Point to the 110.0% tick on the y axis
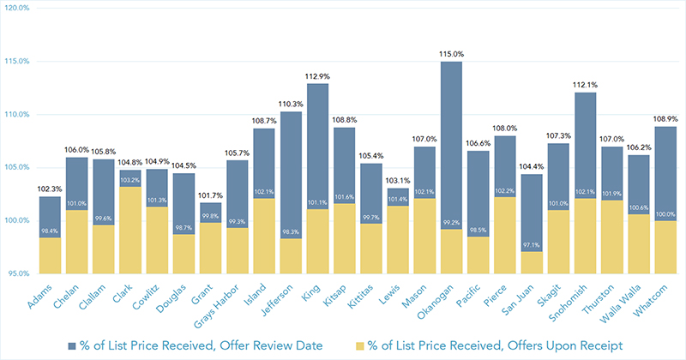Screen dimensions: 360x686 (18, 114)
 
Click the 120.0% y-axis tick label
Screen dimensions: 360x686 (18, 8)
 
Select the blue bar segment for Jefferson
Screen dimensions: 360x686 (292, 171)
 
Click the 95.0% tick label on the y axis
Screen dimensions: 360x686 (19, 274)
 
